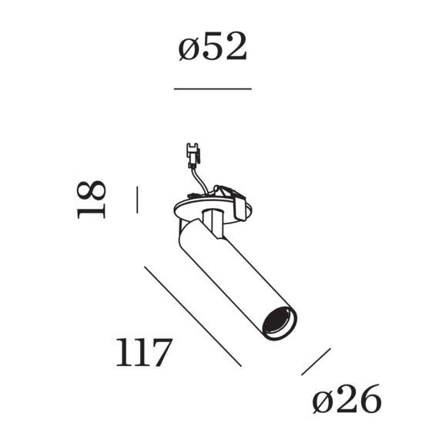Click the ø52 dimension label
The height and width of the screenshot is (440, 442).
point(213,48)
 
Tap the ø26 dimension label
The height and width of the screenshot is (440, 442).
point(347,400)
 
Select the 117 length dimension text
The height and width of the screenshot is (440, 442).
point(142,353)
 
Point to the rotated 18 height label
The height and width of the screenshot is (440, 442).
point(92,199)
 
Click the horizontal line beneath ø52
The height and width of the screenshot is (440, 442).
point(213,89)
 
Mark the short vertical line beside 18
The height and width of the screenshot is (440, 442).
point(136,199)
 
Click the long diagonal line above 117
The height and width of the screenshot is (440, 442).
point(193,316)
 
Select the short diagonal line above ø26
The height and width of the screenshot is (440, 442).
point(316,361)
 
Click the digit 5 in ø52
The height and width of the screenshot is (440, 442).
point(214,48)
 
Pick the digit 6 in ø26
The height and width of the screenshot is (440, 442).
point(368,400)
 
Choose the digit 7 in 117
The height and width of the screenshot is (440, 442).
point(158,353)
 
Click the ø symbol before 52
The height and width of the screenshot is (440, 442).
point(189,49)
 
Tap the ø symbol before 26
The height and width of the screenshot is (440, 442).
point(323,401)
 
